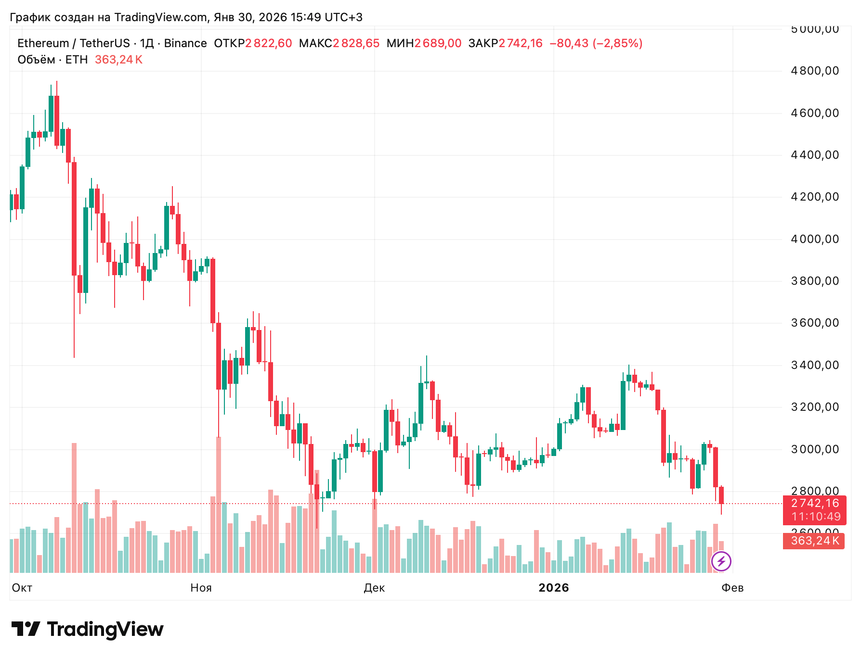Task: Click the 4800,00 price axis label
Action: click(814, 71)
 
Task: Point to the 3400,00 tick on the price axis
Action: click(814, 365)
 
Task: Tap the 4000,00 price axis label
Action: click(814, 239)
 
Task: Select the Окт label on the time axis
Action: click(22, 588)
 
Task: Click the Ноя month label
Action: click(201, 588)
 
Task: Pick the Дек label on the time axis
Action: click(374, 588)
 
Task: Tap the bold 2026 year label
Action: click(554, 588)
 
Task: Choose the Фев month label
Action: click(732, 588)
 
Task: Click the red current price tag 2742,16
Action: click(815, 503)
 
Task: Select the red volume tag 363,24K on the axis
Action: click(815, 541)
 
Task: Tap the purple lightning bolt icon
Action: click(721, 561)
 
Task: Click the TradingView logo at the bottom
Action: click(87, 629)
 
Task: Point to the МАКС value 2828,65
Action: click(356, 43)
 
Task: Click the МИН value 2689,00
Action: click(438, 43)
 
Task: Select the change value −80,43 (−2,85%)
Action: click(596, 43)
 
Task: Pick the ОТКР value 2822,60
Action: click(268, 43)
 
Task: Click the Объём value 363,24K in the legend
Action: click(118, 60)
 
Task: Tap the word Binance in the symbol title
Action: click(185, 43)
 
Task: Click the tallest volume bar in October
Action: click(74, 507)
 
